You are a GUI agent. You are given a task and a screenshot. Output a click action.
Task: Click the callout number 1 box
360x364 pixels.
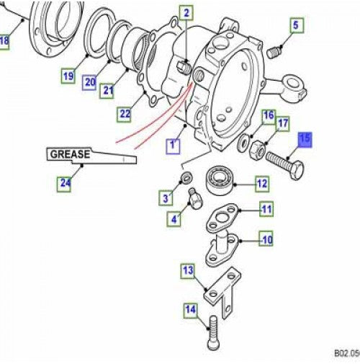pyautogui.click(x=173, y=146)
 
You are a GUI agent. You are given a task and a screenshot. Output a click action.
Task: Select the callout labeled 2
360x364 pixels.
pyautogui.click(x=186, y=12)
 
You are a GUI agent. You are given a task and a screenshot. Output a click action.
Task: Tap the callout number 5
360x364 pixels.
pyautogui.click(x=294, y=27)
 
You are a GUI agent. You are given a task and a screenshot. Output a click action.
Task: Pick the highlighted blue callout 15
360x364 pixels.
pyautogui.click(x=305, y=138)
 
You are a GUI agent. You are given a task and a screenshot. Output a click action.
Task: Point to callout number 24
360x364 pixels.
pyautogui.click(x=65, y=184)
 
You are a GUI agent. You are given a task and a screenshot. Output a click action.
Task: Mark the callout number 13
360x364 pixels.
pyautogui.click(x=188, y=271)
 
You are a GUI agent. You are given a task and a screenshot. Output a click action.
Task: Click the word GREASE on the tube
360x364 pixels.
pyautogui.click(x=69, y=154)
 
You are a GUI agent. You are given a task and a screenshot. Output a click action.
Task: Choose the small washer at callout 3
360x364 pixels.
pyautogui.click(x=186, y=178)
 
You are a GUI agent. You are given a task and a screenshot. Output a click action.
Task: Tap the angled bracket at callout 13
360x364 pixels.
pyautogui.click(x=220, y=291)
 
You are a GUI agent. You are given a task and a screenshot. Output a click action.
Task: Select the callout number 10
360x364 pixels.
pyautogui.click(x=266, y=239)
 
